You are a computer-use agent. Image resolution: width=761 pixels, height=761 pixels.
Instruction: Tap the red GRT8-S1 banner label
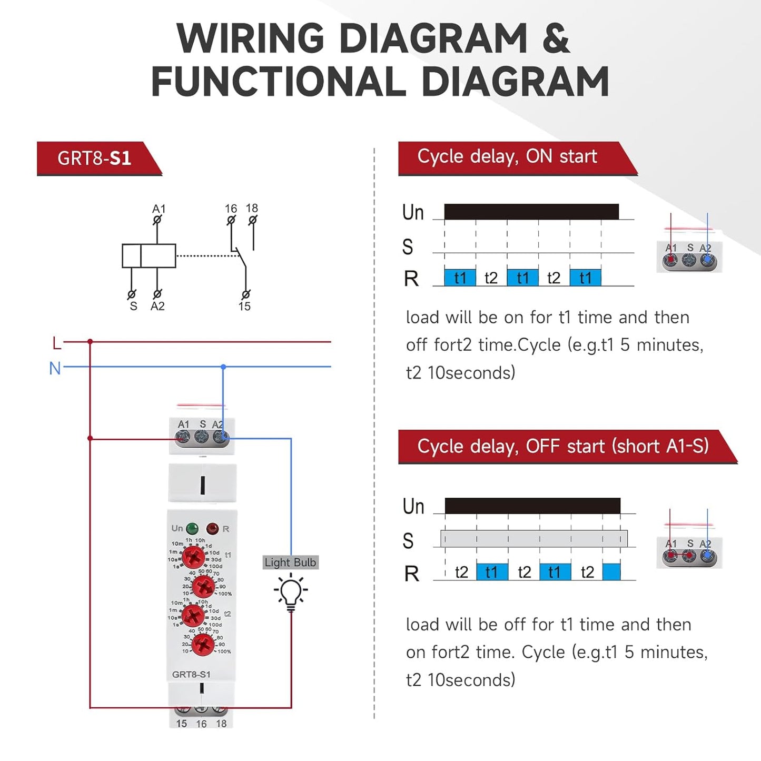tap(95, 159)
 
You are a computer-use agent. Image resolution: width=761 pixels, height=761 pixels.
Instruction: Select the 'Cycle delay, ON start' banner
tap(507, 157)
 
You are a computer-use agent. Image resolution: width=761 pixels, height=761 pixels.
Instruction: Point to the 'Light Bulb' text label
tap(290, 562)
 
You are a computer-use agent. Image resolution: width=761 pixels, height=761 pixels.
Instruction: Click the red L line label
tap(57, 343)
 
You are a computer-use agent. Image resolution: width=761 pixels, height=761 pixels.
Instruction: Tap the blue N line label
tap(55, 368)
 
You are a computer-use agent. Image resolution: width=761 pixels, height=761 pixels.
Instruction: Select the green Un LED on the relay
tap(192, 528)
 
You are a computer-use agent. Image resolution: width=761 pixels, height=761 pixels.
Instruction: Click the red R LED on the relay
tap(212, 528)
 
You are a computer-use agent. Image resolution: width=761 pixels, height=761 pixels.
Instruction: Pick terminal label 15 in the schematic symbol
tap(244, 307)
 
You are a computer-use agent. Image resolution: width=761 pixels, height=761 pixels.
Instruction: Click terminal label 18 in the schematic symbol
tap(252, 208)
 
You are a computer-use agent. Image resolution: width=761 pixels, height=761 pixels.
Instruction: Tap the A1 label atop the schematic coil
tap(159, 209)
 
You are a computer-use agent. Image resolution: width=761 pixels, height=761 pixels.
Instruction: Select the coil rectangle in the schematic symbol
tap(149, 256)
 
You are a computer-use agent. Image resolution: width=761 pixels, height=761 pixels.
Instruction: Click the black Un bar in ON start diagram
tap(531, 212)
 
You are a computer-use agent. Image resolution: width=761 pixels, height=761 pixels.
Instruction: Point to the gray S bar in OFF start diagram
tap(533, 539)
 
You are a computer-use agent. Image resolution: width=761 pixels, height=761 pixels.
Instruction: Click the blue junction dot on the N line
tap(223, 367)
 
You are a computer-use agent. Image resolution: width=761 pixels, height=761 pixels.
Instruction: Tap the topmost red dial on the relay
tap(193, 556)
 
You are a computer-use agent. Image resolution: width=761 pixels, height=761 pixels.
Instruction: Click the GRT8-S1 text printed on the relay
tap(191, 674)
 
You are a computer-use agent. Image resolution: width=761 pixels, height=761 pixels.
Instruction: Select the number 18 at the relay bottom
tap(221, 724)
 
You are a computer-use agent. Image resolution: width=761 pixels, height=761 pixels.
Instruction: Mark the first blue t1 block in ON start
tap(460, 278)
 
